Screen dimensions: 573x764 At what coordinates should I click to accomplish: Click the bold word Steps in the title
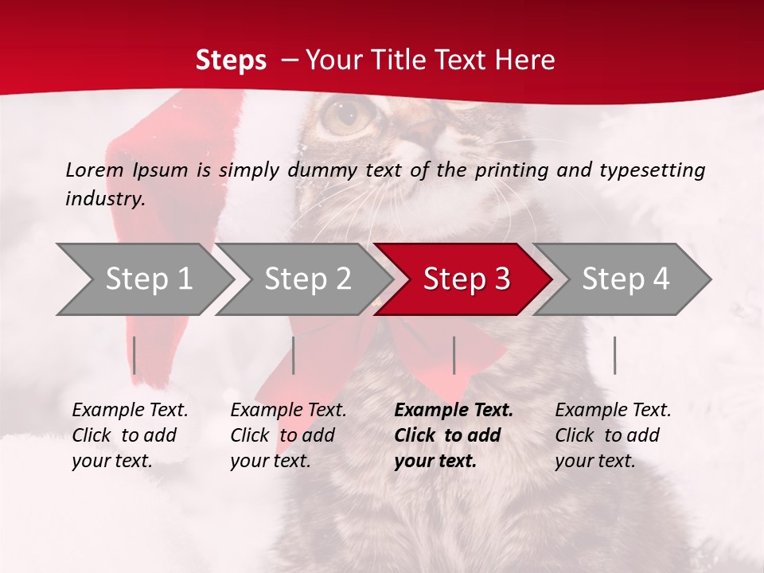tap(231, 60)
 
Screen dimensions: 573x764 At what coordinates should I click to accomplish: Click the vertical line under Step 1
tap(134, 355)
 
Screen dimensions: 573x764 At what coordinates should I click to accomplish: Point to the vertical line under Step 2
tap(294, 355)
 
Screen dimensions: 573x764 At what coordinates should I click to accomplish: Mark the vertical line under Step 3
tap(454, 355)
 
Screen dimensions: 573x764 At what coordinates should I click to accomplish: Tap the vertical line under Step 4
tap(614, 355)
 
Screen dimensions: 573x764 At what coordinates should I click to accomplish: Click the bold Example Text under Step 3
tap(453, 435)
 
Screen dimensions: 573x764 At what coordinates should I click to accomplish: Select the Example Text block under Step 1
tap(130, 435)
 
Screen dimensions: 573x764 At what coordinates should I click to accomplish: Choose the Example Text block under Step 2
tap(288, 435)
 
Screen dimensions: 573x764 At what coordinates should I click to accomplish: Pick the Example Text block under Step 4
tap(613, 435)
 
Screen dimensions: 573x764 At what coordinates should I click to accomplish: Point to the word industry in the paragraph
tap(104, 199)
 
